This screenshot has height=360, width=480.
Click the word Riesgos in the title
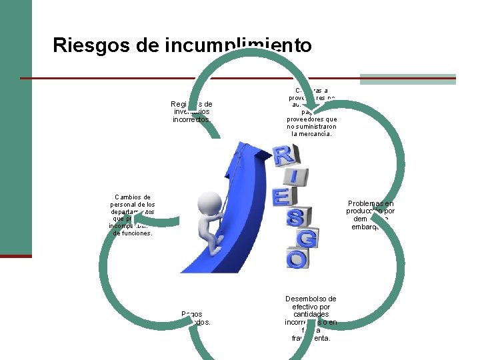click(x=91, y=45)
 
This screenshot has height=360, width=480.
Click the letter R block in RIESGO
click(x=284, y=157)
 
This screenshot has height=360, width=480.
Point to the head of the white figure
click(x=211, y=203)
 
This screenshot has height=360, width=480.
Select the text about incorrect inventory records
click(x=191, y=112)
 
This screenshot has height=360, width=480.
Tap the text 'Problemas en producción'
click(x=370, y=207)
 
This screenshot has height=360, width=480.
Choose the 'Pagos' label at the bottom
click(x=191, y=313)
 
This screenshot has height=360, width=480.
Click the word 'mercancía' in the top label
click(x=313, y=133)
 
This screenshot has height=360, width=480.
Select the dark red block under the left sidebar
click(x=15, y=256)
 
